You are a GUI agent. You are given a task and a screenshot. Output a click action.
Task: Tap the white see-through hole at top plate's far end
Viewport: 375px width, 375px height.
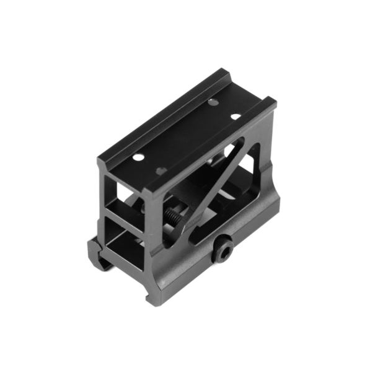[236, 116]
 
